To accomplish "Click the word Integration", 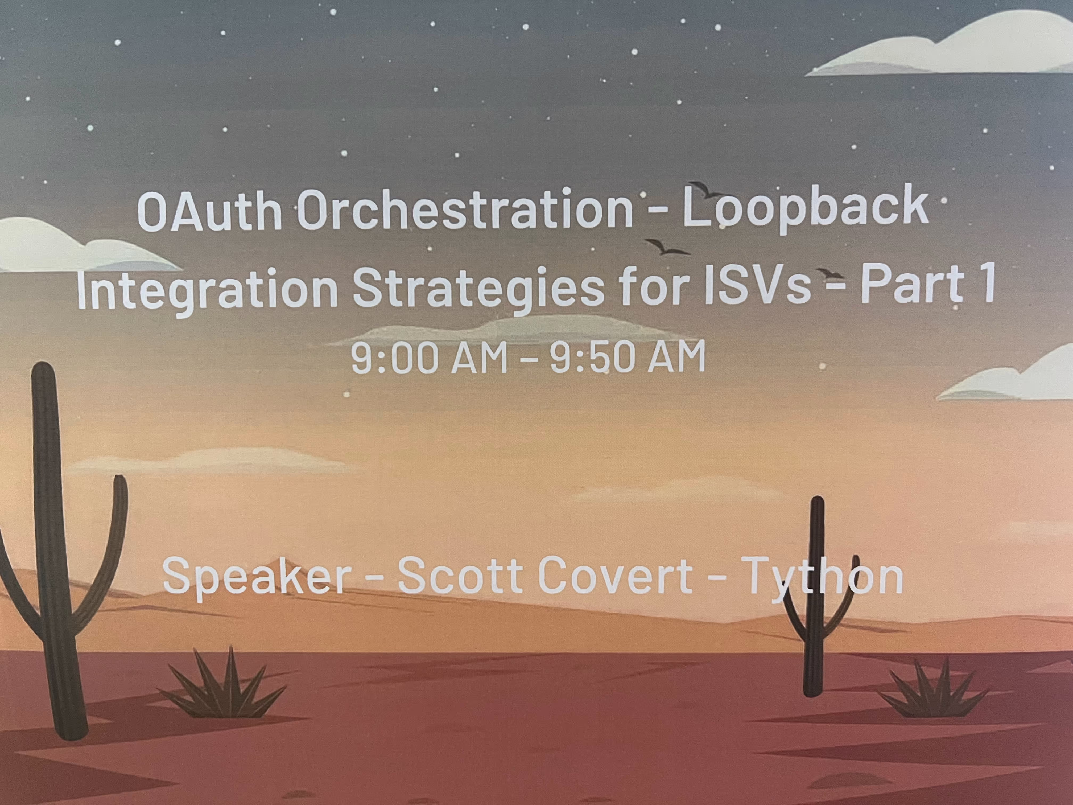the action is [207, 289].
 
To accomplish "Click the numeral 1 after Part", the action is [985, 284].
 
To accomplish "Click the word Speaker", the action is [257, 576].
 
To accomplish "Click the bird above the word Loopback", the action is [706, 189].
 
